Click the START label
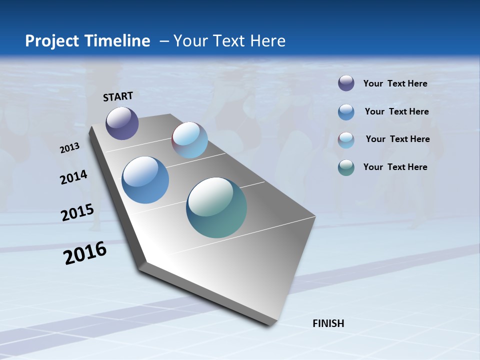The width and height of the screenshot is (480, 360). [x=118, y=96]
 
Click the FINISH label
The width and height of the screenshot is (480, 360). [x=328, y=323]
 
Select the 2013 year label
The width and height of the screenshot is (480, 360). [x=69, y=148]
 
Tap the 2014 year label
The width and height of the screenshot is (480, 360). [x=73, y=177]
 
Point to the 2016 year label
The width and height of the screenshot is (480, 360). [x=85, y=253]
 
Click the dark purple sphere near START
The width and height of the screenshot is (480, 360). [x=122, y=123]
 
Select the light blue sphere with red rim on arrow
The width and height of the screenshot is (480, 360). [x=189, y=140]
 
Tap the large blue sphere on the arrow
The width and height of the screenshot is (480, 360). [x=145, y=180]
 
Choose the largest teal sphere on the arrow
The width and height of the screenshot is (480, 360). [x=216, y=207]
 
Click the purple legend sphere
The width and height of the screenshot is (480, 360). [x=346, y=83]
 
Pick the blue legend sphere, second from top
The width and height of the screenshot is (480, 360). [x=346, y=112]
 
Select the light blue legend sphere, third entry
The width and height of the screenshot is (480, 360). [x=346, y=140]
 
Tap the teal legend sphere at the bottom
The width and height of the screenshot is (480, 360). [x=346, y=167]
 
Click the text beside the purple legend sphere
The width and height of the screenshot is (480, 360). [x=395, y=83]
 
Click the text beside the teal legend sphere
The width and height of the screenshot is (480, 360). [x=395, y=167]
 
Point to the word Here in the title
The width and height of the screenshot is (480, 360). [x=267, y=41]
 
